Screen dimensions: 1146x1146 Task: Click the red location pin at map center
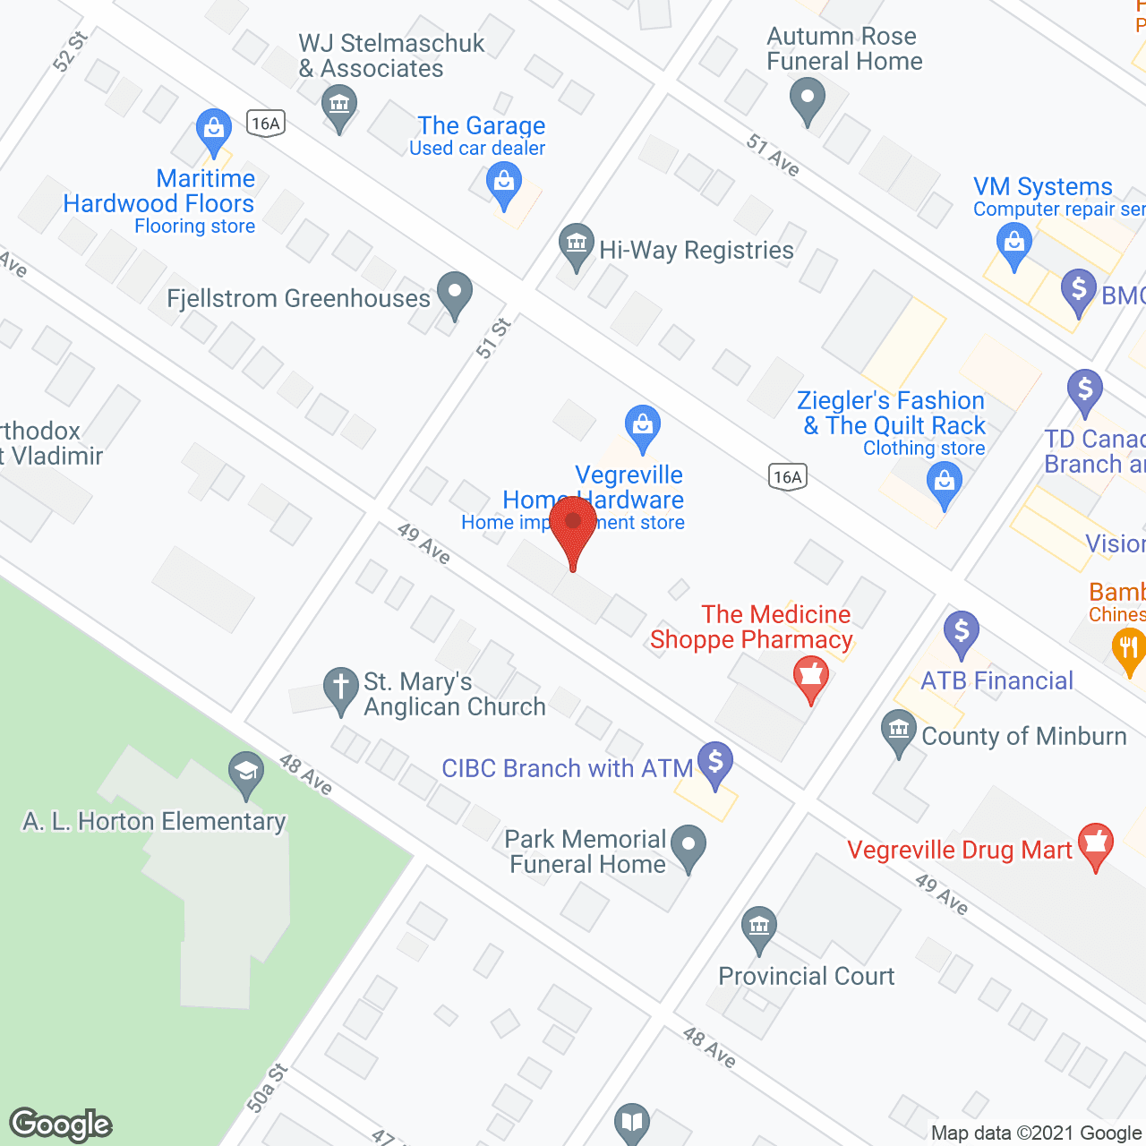pos(573,523)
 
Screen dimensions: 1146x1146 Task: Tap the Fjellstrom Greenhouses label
pos(299,298)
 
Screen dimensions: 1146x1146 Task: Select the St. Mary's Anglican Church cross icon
pos(340,688)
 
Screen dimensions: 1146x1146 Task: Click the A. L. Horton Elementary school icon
pos(245,772)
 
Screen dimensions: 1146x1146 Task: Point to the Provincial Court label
pos(806,976)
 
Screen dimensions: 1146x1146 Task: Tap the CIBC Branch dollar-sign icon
pos(715,764)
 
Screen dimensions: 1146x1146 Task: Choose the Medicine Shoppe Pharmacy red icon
pos(811,676)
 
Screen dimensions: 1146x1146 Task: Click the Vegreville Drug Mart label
pos(959,850)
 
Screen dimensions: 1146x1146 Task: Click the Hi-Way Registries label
pos(696,250)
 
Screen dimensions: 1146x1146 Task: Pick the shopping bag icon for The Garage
pos(504,183)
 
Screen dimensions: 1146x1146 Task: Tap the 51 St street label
pos(492,338)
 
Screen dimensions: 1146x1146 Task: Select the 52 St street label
pos(71,51)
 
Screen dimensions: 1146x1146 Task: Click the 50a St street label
pos(268,1088)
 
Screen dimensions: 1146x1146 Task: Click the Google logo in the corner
pos(61,1125)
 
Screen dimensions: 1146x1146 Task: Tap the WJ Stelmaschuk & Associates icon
pos(339,106)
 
